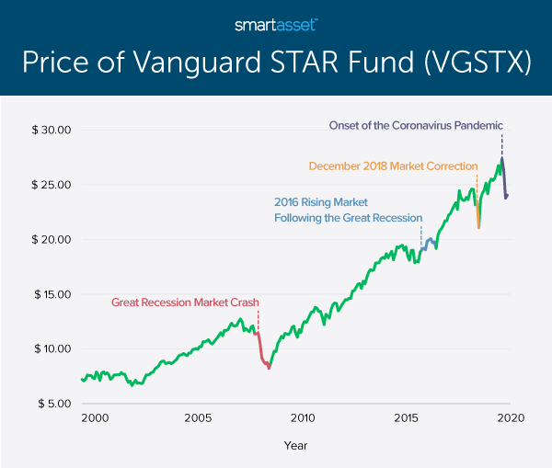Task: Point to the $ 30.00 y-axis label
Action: click(52, 130)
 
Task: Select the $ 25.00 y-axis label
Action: click(52, 185)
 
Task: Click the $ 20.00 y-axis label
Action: click(52, 239)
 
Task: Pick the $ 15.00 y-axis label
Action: click(52, 294)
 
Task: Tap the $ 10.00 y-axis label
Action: click(52, 349)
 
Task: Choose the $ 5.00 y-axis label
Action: click(54, 404)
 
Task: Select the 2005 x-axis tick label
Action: click(199, 417)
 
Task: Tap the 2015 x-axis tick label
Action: click(407, 417)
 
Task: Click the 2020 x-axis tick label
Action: click(511, 417)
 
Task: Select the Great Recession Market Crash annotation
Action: click(186, 302)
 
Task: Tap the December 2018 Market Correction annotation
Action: click(393, 166)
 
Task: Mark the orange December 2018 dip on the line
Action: click(478, 221)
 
